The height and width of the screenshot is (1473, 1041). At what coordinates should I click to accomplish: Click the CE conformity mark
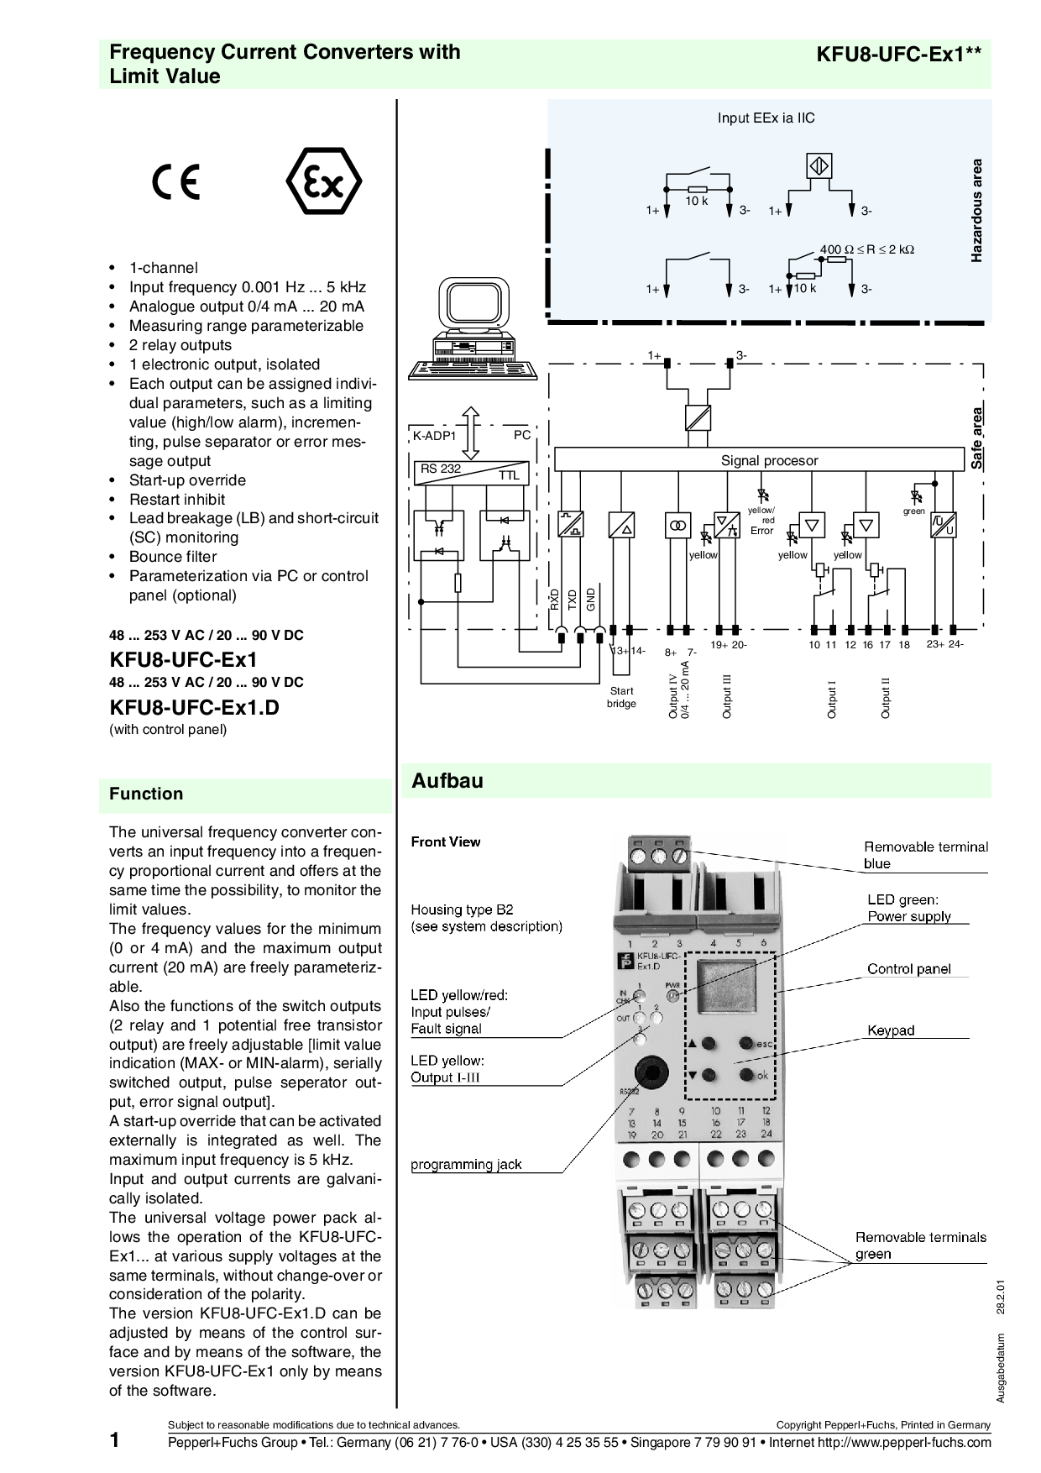pyautogui.click(x=176, y=182)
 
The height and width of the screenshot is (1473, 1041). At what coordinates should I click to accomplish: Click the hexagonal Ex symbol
pyautogui.click(x=324, y=184)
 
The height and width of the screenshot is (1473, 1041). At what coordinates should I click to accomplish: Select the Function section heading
pyautogui.click(x=146, y=794)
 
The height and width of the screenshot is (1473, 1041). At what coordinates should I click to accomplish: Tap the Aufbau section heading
pyautogui.click(x=447, y=781)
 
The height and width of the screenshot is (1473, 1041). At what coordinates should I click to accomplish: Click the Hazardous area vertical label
pyautogui.click(x=976, y=210)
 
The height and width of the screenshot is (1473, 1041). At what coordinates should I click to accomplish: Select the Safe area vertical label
pyautogui.click(x=976, y=438)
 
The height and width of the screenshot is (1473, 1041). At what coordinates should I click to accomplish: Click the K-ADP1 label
pyautogui.click(x=434, y=437)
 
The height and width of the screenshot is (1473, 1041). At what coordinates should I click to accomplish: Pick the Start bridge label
pyautogui.click(x=621, y=697)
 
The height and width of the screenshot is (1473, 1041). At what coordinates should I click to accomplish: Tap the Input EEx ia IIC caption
pyautogui.click(x=766, y=118)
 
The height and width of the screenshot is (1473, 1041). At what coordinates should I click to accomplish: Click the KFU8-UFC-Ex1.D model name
pyautogui.click(x=194, y=707)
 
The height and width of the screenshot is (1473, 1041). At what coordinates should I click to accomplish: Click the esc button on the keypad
pyautogui.click(x=745, y=1044)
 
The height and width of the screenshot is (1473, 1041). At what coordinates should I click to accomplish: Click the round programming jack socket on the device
pyautogui.click(x=649, y=1072)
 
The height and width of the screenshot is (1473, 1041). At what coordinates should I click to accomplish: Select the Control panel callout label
pyautogui.click(x=909, y=969)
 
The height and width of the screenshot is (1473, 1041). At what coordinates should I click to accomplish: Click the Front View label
pyautogui.click(x=446, y=841)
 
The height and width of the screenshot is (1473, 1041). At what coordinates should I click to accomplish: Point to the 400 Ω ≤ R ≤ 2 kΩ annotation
pyautogui.click(x=866, y=249)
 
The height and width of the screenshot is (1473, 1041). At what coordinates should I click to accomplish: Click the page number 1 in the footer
pyautogui.click(x=114, y=1441)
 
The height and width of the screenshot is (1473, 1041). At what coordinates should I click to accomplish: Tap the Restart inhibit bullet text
pyautogui.click(x=176, y=500)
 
